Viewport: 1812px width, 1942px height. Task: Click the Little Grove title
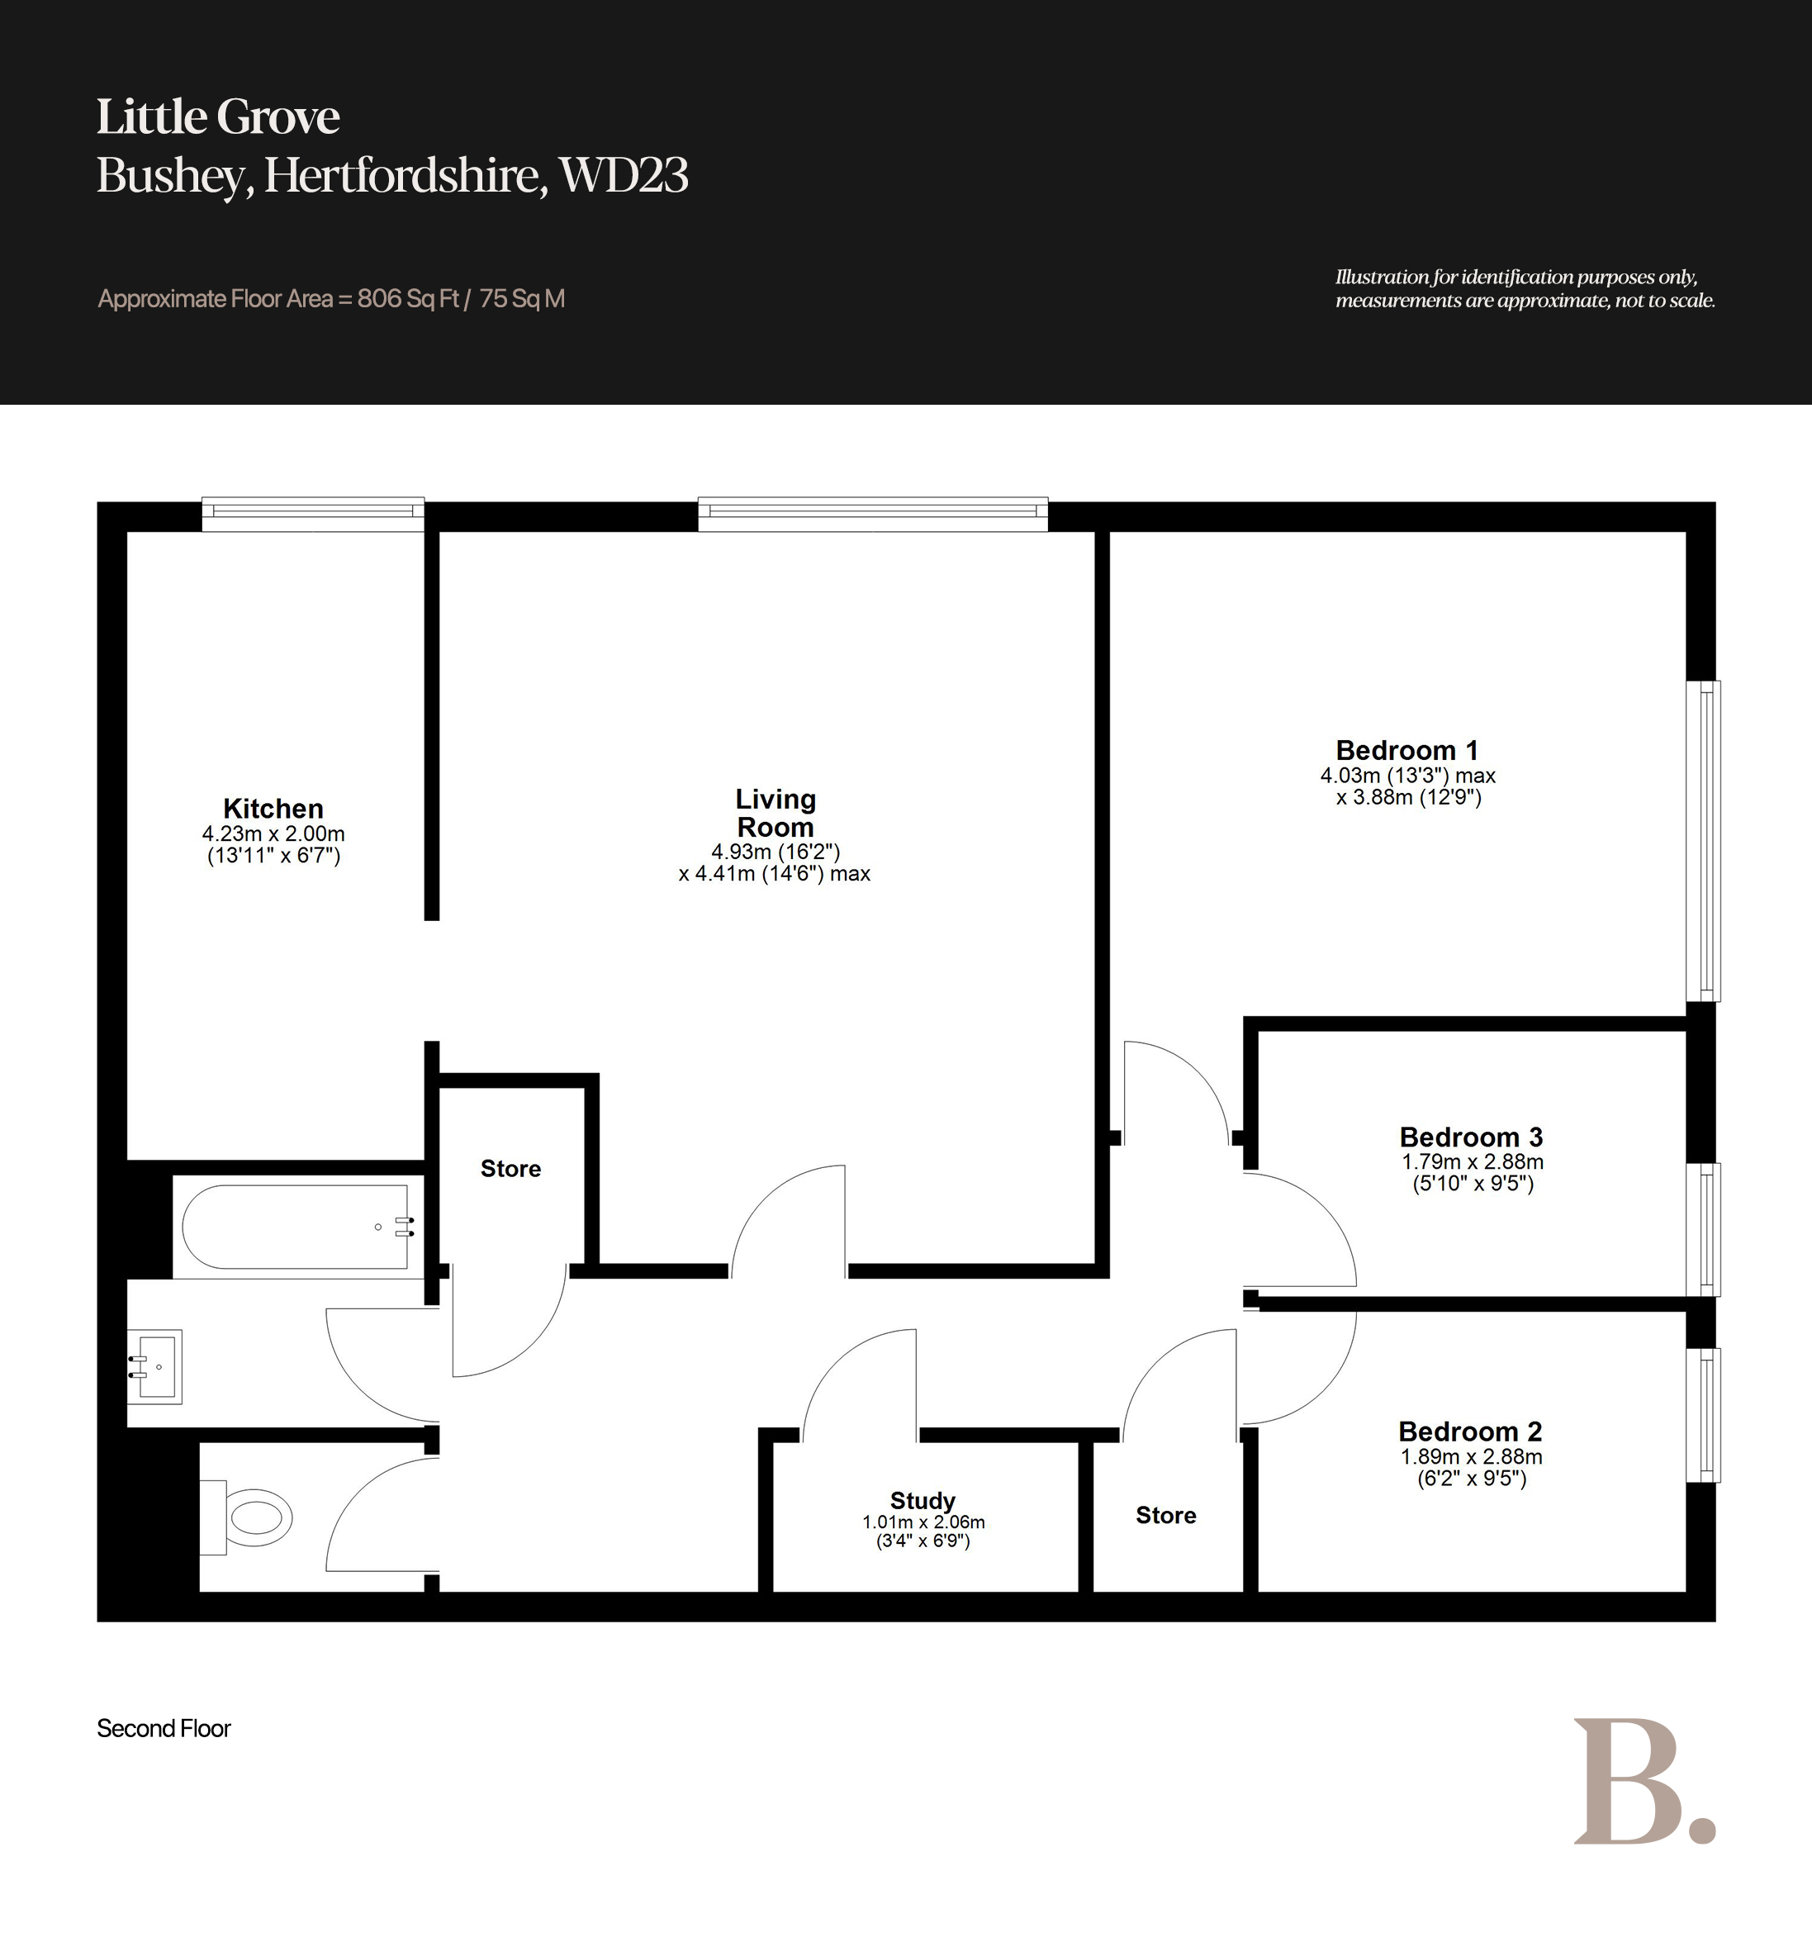point(218,117)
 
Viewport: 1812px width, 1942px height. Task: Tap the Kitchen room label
point(273,809)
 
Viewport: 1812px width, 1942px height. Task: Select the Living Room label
point(776,813)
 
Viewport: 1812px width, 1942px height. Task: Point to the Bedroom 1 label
point(1406,750)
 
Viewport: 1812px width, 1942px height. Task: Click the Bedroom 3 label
point(1471,1137)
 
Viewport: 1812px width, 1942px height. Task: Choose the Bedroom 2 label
point(1470,1432)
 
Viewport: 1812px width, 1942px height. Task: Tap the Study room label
point(923,1500)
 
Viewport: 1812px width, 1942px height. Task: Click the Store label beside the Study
point(1166,1515)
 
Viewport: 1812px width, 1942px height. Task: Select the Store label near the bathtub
point(511,1168)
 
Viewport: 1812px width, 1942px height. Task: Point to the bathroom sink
point(154,1365)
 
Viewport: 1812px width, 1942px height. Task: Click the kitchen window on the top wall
point(312,514)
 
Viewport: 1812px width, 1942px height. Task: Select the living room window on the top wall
point(873,514)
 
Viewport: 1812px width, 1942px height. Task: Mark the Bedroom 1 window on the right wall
point(1704,841)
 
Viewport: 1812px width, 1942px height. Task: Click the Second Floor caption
point(164,1728)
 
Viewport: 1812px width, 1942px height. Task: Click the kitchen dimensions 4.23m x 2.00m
point(273,834)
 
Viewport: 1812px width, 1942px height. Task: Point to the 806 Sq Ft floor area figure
point(408,299)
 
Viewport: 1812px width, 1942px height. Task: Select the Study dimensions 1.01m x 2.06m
point(923,1522)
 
